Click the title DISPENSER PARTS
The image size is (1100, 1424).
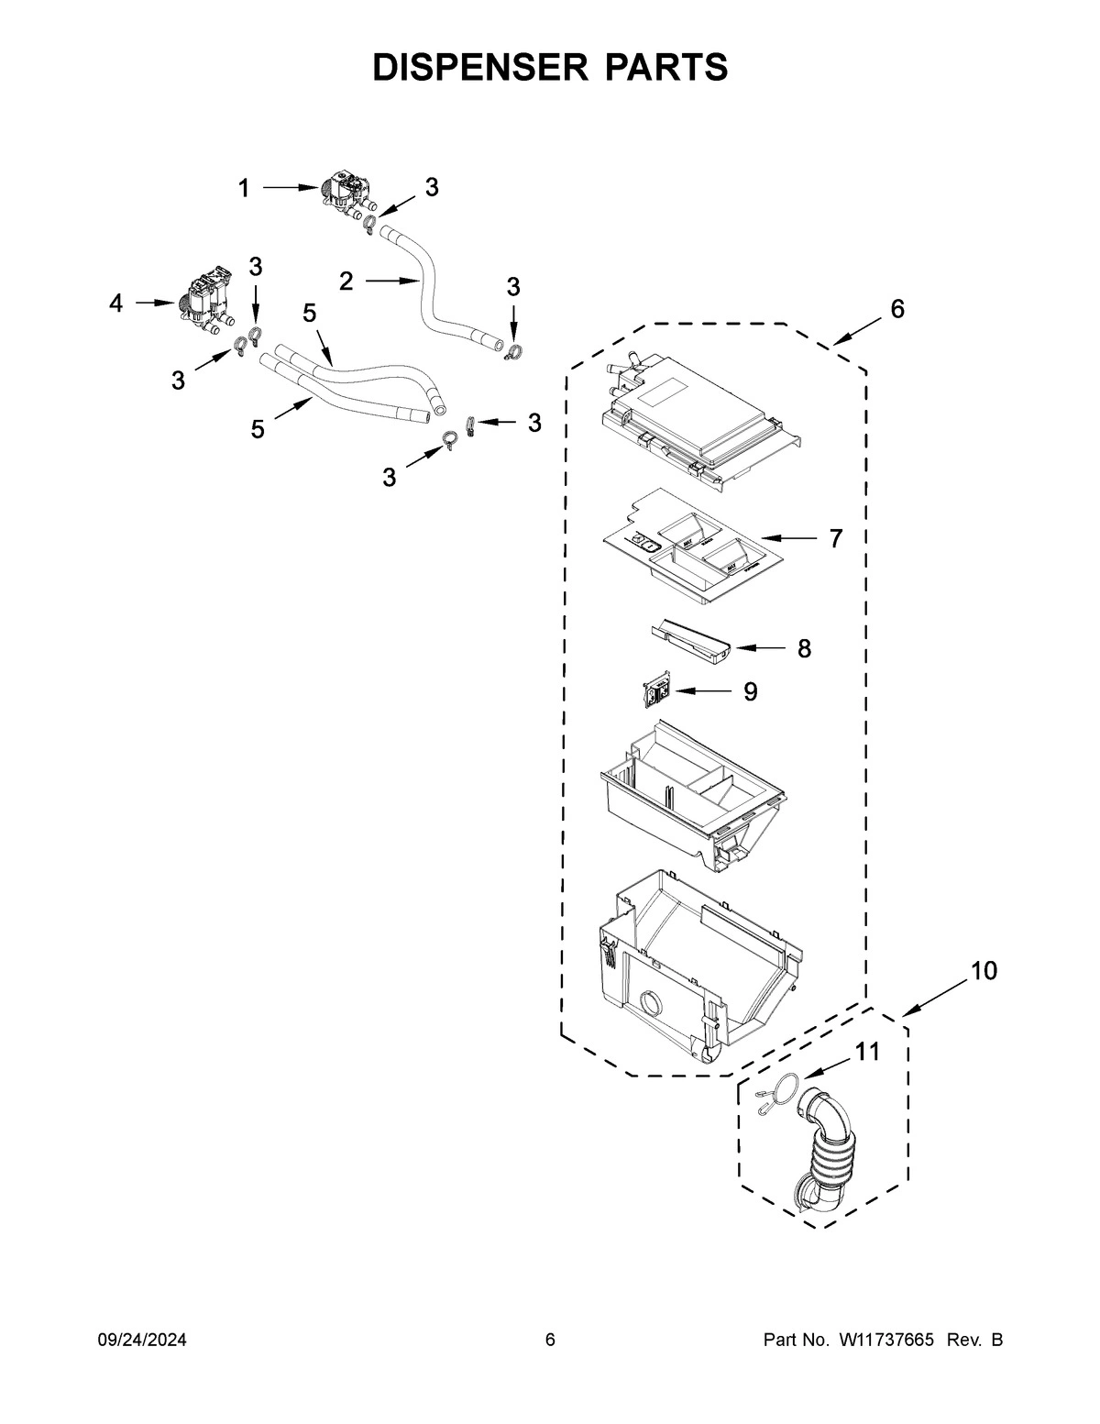coord(550,66)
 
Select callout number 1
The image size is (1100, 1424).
coord(244,189)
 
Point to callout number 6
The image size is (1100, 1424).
coord(896,310)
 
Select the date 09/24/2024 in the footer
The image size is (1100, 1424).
coord(142,1341)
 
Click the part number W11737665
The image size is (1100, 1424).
coord(885,1341)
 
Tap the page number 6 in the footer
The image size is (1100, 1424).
coord(550,1341)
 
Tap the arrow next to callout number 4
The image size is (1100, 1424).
coord(156,302)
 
